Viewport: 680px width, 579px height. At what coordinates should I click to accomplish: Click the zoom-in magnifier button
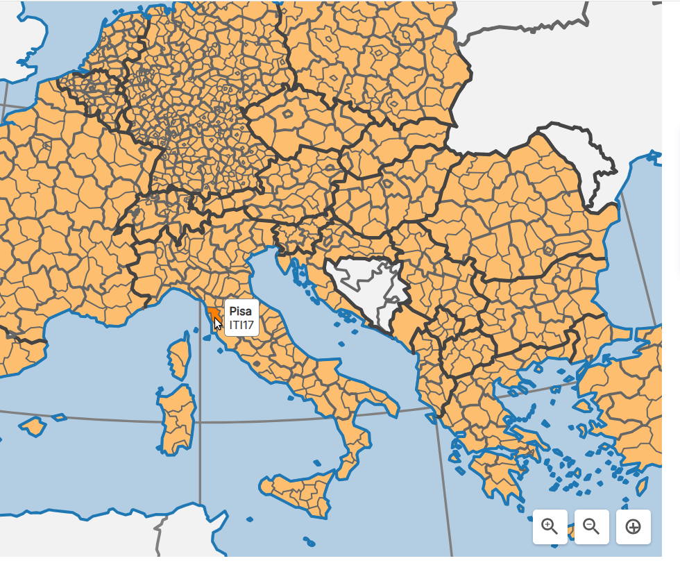[x=550, y=526]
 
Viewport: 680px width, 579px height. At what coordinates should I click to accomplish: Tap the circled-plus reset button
[x=633, y=526]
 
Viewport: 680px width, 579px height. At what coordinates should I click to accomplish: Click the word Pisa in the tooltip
[x=240, y=311]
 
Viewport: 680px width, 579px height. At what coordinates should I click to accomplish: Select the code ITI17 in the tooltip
[x=241, y=324]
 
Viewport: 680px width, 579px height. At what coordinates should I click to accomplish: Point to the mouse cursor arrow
[x=217, y=322]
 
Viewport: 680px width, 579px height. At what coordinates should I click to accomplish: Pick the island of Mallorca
[x=33, y=425]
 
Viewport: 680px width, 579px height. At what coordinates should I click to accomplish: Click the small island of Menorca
[x=59, y=417]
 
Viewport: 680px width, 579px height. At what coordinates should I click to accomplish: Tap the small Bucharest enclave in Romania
[x=549, y=249]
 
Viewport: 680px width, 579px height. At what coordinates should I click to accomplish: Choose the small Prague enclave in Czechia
[x=288, y=113]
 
